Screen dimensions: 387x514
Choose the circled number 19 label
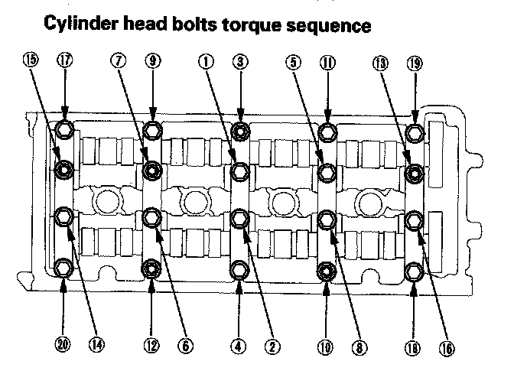(x=415, y=64)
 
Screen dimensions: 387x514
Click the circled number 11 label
(x=327, y=64)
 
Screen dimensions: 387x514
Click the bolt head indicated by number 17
(x=64, y=131)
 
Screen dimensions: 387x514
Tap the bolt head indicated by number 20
(x=64, y=269)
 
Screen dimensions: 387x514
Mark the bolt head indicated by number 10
(x=326, y=270)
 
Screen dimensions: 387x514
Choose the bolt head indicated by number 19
(x=415, y=133)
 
